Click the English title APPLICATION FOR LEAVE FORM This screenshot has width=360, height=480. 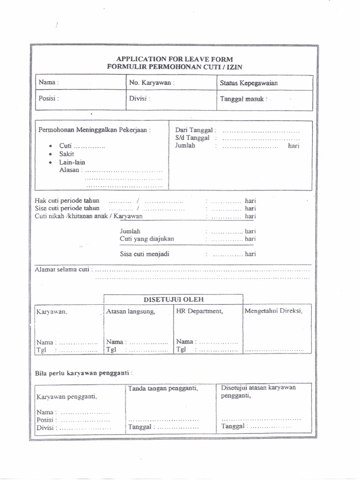(174, 59)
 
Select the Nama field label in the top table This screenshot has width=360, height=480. (48, 82)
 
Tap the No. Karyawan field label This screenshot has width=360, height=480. (151, 82)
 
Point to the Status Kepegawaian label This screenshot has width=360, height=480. (248, 83)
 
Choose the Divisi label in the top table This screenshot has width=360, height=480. (139, 99)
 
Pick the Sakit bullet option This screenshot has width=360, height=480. (67, 154)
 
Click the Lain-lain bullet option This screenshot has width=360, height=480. (72, 162)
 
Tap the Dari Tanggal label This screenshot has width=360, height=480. (195, 130)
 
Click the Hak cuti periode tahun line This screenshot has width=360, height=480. (67, 201)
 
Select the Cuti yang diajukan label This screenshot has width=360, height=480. (147, 239)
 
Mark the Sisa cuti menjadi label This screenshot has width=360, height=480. (144, 254)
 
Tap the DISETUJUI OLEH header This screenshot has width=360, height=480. (173, 299)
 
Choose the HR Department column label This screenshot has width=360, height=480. (199, 311)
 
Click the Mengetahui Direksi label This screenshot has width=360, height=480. (273, 310)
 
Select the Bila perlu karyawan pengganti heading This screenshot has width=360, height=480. (83, 373)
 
